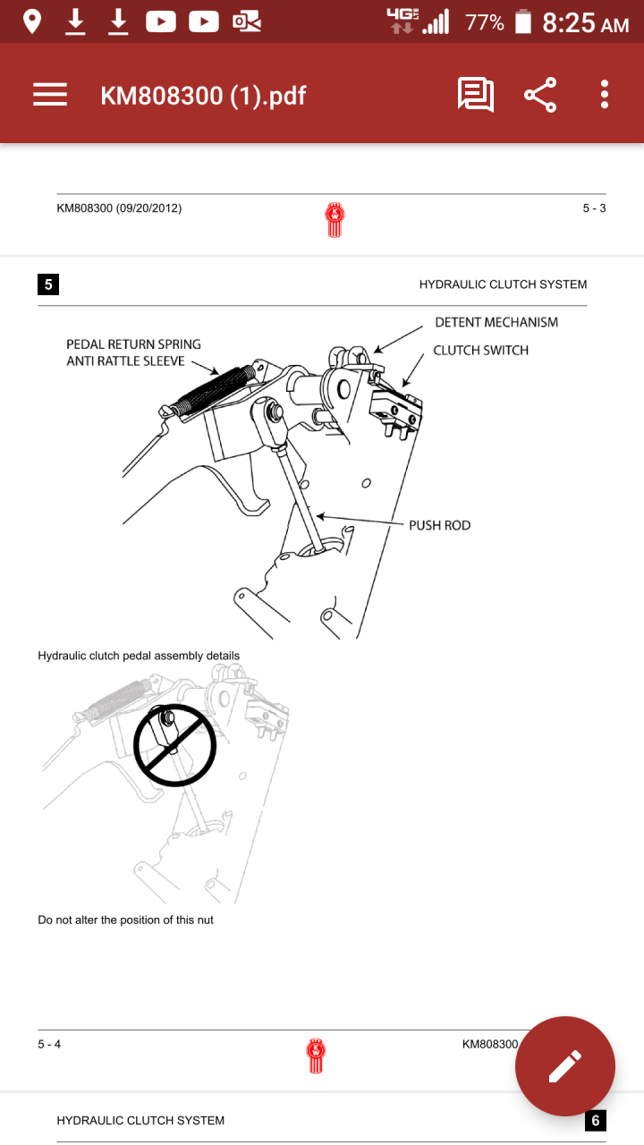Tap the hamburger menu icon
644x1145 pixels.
pos(50,95)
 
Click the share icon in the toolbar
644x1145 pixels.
pos(540,95)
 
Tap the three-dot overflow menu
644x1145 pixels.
pos(605,95)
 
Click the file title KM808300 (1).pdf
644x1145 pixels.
pos(203,95)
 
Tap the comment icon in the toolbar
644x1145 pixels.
pos(475,95)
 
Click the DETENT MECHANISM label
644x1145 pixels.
pos(496,322)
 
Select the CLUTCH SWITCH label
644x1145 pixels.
pos(480,350)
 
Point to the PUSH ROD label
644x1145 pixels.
pos(439,525)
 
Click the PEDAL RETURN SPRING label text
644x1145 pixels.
pos(133,344)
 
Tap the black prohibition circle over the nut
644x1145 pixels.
pos(175,745)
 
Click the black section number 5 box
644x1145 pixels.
pos(48,284)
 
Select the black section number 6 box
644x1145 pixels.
pos(596,1121)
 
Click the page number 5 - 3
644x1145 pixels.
pos(594,208)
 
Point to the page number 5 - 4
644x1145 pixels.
pos(49,1044)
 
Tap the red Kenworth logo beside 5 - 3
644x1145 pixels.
pos(335,219)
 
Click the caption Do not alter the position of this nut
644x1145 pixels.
pos(125,920)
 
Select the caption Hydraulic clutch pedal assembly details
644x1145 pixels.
pos(139,656)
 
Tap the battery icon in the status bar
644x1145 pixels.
pos(523,21)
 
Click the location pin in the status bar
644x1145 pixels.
pos(32,21)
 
